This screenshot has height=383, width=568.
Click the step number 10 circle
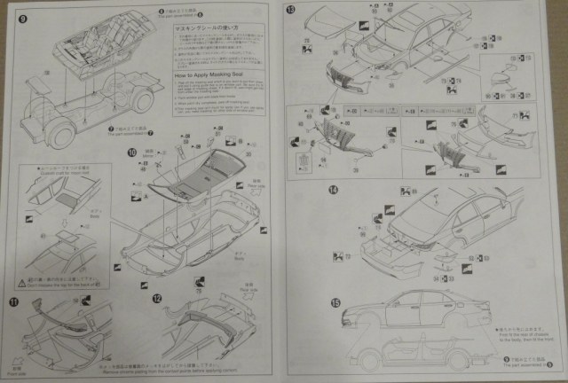click(x=131, y=153)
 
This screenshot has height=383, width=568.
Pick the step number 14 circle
click(x=333, y=189)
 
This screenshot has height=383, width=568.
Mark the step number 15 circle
click(x=335, y=302)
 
